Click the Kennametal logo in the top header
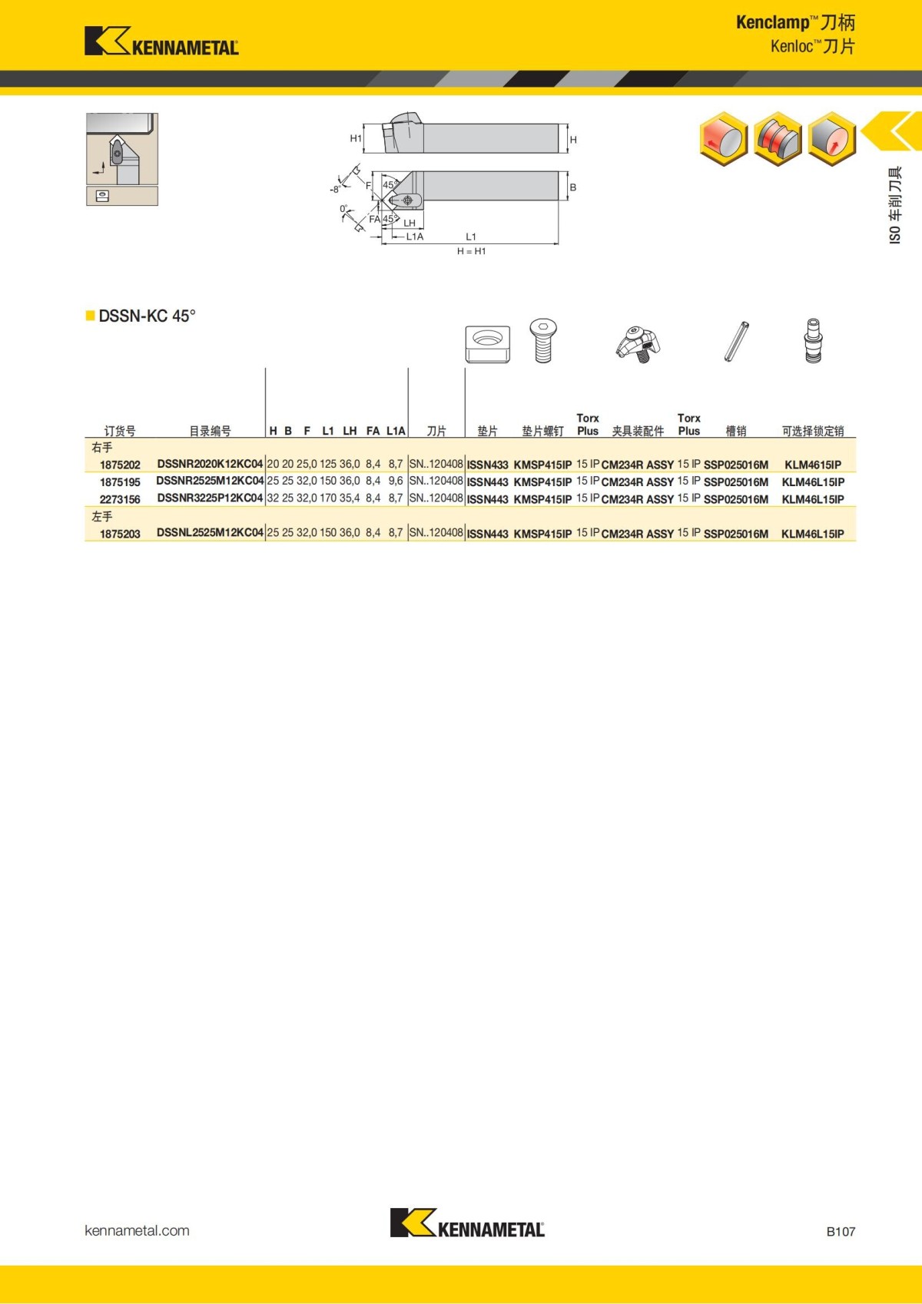[161, 41]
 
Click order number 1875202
[120, 465]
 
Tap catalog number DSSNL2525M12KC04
[210, 532]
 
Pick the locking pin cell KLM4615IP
[812, 465]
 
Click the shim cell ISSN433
[487, 465]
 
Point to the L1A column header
[396, 431]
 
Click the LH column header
[350, 431]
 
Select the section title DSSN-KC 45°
[147, 316]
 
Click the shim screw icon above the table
[542, 340]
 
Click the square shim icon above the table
[487, 343]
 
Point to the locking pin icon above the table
[813, 340]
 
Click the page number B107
[841, 1231]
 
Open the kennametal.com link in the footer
[137, 1230]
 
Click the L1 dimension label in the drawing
[471, 237]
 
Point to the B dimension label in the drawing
[572, 187]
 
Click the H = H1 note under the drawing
[471, 251]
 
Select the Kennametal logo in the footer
[467, 1223]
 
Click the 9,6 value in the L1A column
[396, 481]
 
